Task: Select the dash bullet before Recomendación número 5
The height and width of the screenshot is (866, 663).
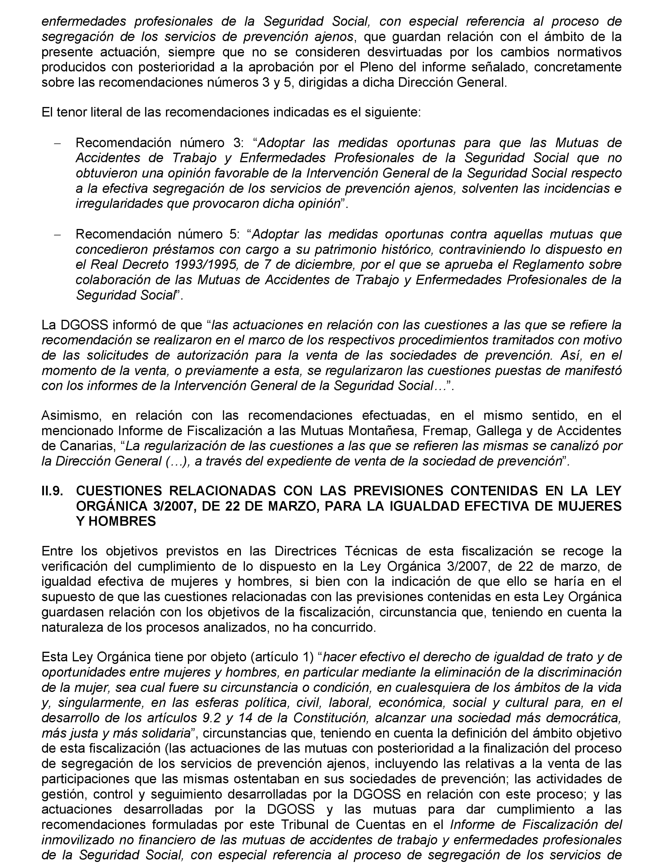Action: click(x=58, y=235)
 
